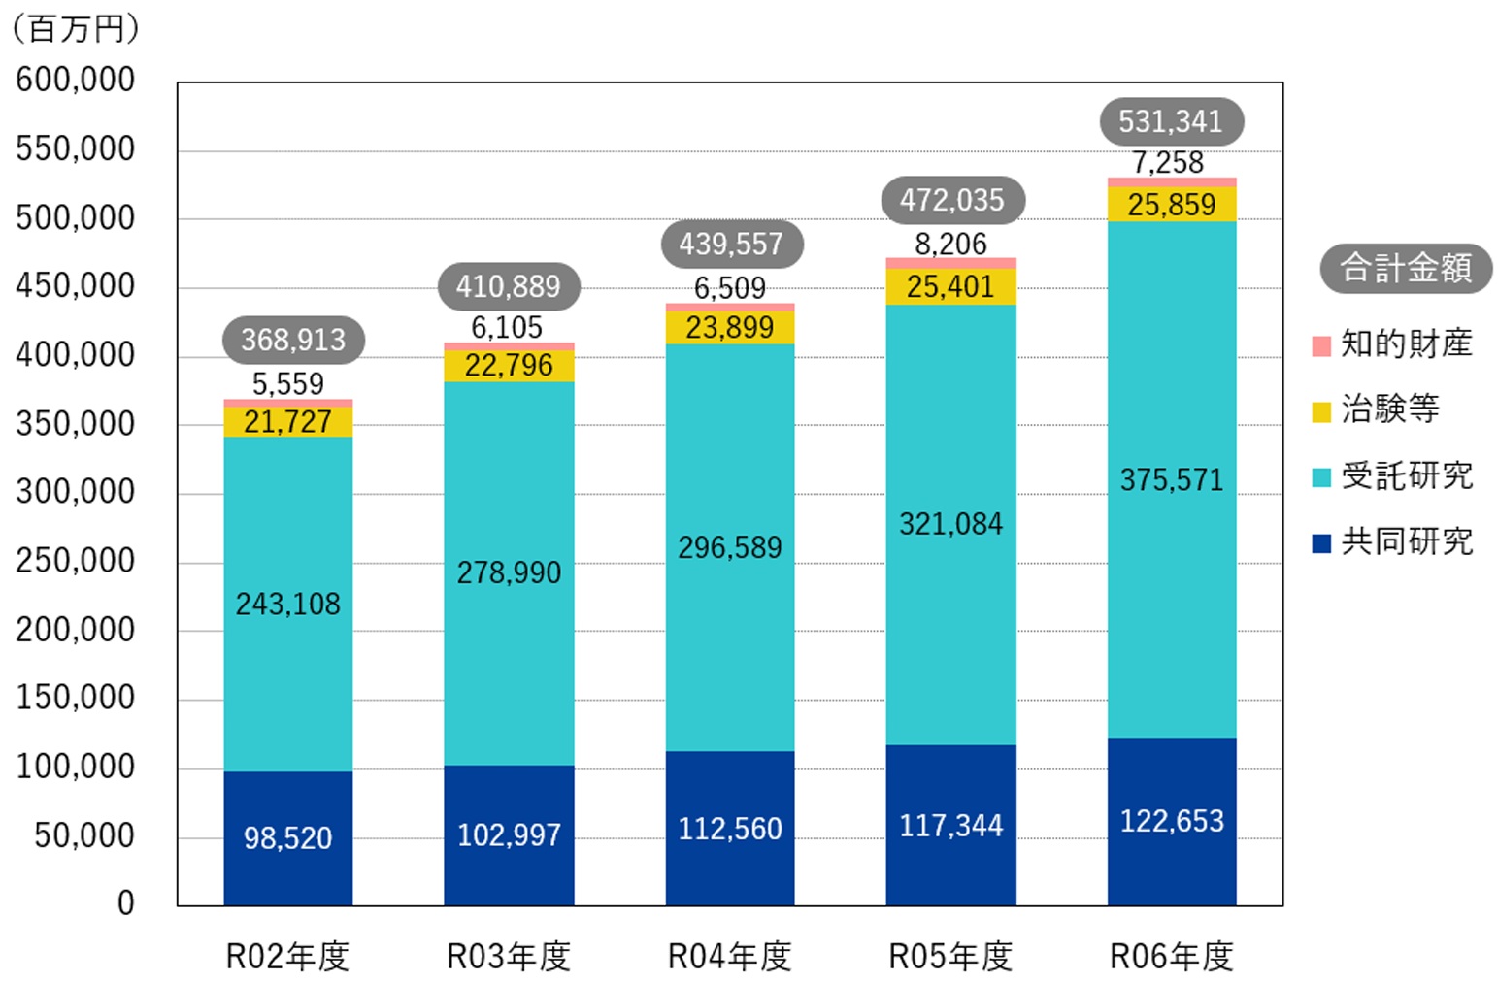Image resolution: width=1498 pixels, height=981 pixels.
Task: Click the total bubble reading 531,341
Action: (x=1170, y=121)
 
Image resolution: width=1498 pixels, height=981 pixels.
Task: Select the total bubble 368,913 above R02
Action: (x=293, y=340)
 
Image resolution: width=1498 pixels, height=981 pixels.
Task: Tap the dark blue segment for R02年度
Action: (x=287, y=838)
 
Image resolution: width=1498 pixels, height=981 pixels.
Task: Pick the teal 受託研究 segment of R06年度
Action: (x=1171, y=479)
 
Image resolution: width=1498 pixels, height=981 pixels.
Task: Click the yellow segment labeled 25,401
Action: (x=950, y=287)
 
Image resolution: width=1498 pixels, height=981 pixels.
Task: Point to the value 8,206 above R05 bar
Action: (x=950, y=245)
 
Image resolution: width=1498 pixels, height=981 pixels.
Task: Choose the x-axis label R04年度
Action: (x=729, y=957)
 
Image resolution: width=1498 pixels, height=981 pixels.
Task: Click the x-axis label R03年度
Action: (x=508, y=957)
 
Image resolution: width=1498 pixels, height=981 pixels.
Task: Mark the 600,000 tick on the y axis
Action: (x=76, y=80)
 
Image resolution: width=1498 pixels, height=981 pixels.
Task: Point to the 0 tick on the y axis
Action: (x=125, y=903)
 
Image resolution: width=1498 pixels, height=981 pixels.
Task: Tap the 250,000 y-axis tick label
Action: (x=76, y=561)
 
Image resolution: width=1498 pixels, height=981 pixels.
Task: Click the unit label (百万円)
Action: (x=76, y=29)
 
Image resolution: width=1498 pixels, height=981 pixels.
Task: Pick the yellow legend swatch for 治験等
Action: (x=1321, y=411)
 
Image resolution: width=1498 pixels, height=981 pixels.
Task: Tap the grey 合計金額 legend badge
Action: (x=1405, y=268)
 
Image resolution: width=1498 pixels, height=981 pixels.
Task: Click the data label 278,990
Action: (x=509, y=572)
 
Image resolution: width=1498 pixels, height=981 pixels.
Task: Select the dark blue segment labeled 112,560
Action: (x=729, y=829)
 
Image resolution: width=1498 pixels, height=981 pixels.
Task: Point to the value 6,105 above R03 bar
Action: (x=507, y=328)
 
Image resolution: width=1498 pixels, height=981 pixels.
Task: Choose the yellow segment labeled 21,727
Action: (x=287, y=422)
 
